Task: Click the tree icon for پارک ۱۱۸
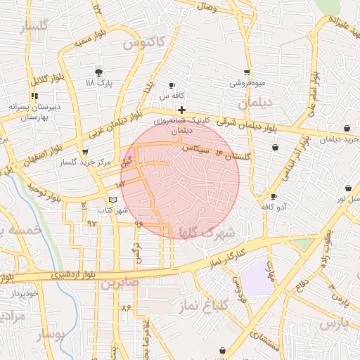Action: [98, 72]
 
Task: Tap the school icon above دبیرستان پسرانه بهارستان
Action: [34, 96]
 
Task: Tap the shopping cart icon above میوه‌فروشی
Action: [247, 72]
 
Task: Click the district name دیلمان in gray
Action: [254, 103]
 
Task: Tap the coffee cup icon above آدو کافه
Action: [274, 196]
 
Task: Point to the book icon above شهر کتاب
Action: [113, 200]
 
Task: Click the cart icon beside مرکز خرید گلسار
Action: [85, 152]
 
